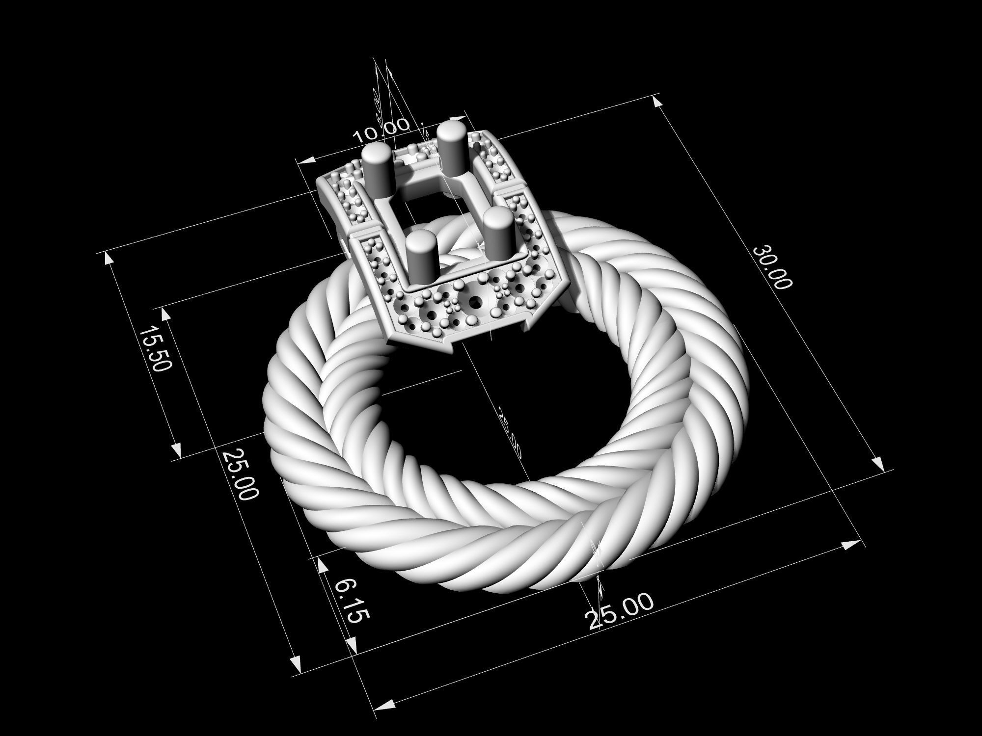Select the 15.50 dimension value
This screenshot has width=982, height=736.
click(x=156, y=348)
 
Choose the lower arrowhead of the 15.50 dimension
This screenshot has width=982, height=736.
click(x=177, y=449)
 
